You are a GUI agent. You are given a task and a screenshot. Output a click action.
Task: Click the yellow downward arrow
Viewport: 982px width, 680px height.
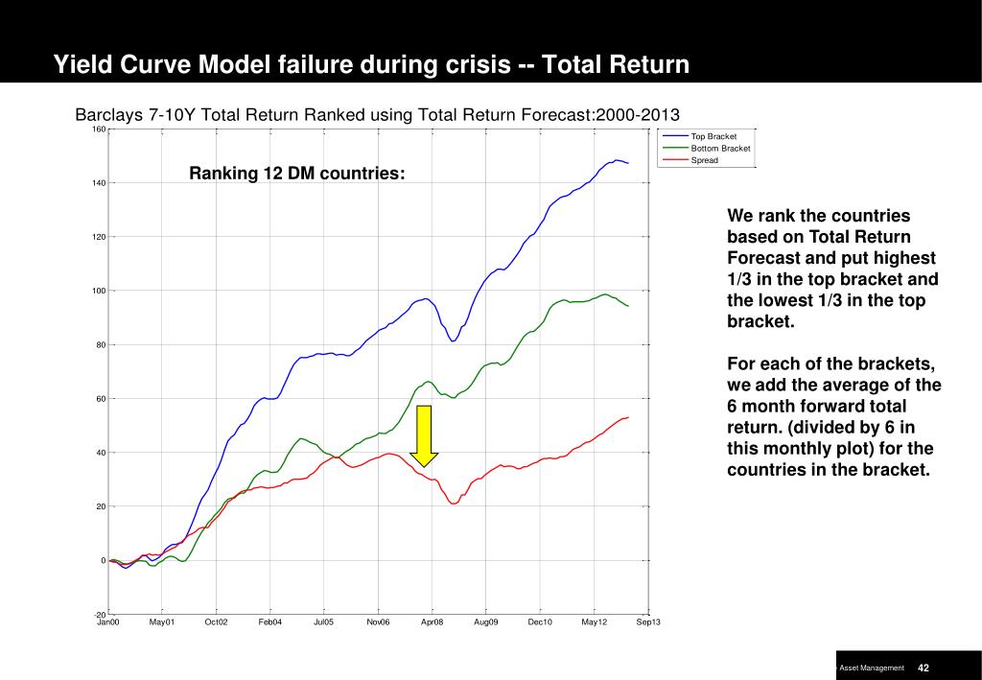(x=424, y=436)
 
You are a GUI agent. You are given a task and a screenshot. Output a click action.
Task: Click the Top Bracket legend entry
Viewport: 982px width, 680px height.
(x=713, y=137)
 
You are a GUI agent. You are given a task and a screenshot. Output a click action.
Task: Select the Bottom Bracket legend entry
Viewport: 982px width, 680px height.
(x=720, y=149)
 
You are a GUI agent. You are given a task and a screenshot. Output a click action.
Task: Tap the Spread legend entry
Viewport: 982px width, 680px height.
(x=704, y=160)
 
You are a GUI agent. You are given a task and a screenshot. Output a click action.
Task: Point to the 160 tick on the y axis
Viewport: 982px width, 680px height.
(x=99, y=129)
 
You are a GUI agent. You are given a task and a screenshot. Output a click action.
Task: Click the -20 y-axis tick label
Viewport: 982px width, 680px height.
(x=100, y=614)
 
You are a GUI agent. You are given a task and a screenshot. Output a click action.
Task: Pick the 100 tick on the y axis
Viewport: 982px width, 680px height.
(x=99, y=291)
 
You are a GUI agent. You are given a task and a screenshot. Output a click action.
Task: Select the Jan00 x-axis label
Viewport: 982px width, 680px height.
(x=108, y=622)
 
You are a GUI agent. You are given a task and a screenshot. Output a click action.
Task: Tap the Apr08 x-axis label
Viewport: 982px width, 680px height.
(x=433, y=622)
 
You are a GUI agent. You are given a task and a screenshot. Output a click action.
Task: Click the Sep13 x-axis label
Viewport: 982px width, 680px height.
(x=648, y=622)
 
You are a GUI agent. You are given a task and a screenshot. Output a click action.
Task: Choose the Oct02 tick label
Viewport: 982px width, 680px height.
(x=217, y=622)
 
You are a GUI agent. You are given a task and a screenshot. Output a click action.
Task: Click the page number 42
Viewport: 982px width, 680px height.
(x=924, y=668)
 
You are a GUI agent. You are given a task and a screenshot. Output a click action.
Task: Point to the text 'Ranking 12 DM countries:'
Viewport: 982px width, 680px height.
(x=296, y=174)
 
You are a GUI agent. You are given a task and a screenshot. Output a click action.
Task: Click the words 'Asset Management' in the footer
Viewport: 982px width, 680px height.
(x=872, y=668)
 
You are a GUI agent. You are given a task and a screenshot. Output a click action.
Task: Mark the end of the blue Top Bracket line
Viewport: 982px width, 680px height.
(x=628, y=163)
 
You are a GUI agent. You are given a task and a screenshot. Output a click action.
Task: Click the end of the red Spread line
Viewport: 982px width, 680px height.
(x=628, y=417)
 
